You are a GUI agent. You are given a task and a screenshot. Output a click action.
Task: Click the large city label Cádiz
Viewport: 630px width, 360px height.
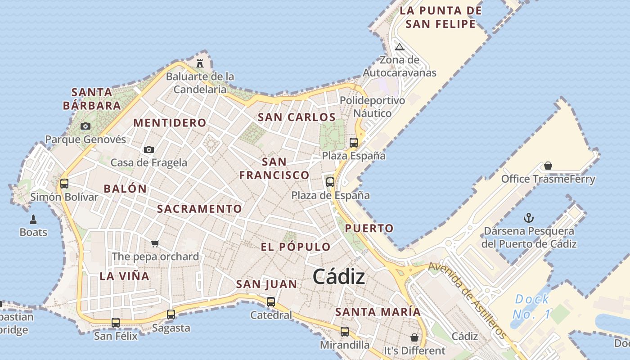339,277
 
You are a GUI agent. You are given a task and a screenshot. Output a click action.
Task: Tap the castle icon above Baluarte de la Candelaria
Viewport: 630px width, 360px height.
200,63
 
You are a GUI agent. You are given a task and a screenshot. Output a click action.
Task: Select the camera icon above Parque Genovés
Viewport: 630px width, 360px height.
85,126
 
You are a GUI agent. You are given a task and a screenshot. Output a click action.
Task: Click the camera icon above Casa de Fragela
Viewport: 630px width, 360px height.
149,149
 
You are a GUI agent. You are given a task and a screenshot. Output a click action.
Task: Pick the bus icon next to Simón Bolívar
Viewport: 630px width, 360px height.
64,184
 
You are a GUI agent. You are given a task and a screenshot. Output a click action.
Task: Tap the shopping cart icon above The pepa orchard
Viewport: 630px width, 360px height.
155,243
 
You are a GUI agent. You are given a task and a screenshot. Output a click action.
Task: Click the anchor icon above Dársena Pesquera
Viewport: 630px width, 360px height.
529,218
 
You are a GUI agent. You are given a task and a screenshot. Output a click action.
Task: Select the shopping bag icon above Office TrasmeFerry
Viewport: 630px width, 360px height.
548,166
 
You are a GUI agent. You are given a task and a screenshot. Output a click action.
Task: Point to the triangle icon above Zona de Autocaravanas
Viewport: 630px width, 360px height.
400,47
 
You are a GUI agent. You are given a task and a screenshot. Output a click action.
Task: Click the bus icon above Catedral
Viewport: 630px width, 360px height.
271,302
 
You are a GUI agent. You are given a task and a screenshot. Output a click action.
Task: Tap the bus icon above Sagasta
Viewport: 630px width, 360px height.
171,315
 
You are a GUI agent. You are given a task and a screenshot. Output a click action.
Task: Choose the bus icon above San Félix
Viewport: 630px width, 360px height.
116,322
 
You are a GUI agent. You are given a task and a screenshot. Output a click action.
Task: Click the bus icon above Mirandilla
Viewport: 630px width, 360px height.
345,332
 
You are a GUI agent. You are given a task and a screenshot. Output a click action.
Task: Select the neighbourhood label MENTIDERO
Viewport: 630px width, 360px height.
170,123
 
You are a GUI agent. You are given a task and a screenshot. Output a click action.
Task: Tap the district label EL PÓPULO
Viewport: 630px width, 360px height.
296,247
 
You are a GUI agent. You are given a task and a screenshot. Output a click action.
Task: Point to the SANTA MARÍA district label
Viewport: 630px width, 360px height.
378,312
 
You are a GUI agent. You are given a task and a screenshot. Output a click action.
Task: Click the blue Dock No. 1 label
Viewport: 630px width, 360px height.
532,306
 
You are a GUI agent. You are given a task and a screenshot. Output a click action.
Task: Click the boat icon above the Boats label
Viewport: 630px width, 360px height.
33,220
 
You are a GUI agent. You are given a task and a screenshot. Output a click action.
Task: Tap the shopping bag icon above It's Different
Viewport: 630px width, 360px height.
414,337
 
